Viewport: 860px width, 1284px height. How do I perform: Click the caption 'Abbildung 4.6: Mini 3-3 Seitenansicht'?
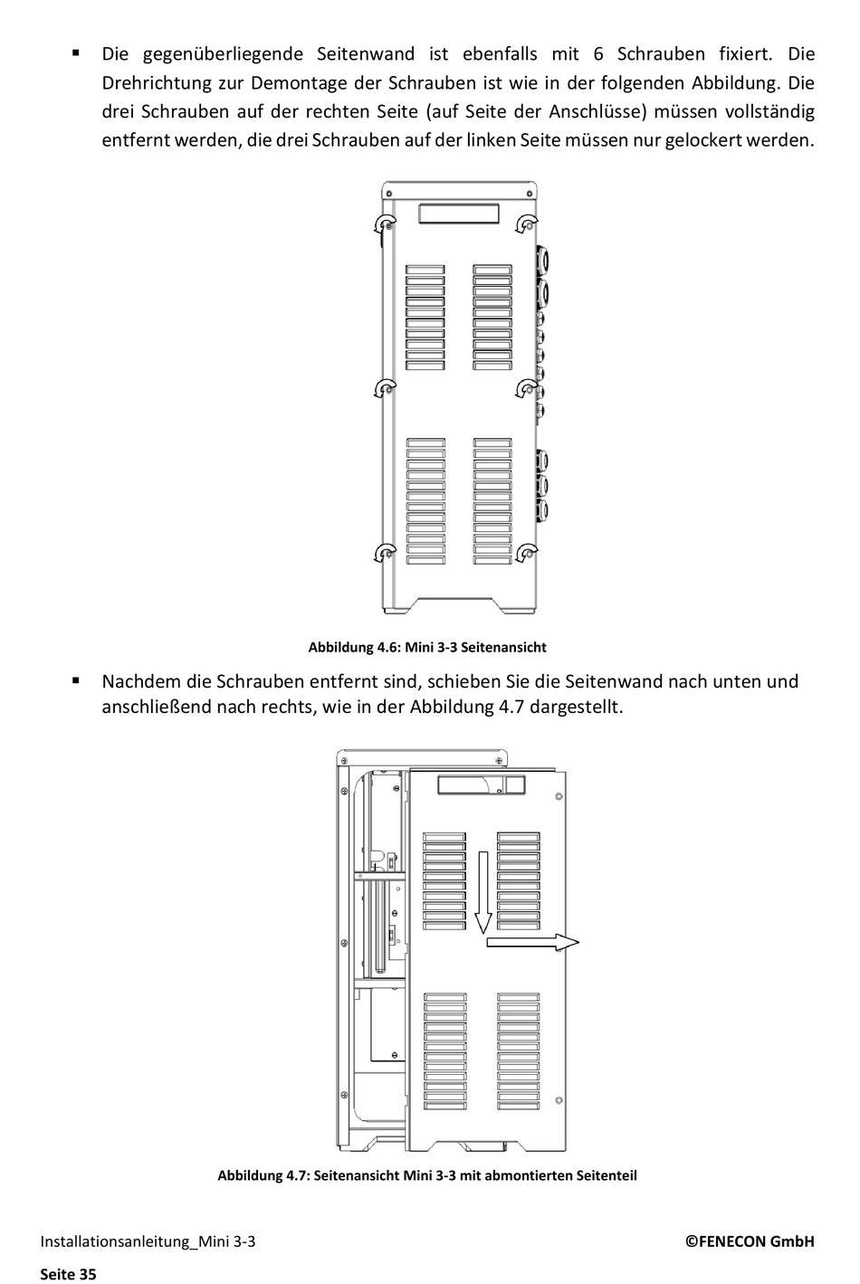coord(426,647)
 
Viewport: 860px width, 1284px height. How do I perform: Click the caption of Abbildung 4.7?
coord(426,1175)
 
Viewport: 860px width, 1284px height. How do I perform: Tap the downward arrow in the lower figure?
coord(483,892)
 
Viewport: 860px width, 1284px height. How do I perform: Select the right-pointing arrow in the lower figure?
coord(532,943)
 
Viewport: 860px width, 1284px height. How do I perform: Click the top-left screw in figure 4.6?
coord(387,224)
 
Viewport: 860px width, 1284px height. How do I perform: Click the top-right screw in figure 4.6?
coord(526,224)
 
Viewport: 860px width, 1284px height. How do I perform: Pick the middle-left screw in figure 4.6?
coord(387,388)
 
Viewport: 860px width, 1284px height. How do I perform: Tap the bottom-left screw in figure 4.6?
coord(387,553)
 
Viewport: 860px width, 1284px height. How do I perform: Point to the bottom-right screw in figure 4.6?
coord(526,553)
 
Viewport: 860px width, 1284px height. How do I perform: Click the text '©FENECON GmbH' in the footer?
coord(749,1241)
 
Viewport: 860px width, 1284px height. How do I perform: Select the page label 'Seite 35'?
coord(68,1274)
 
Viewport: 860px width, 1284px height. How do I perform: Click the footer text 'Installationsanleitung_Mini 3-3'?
coord(148,1241)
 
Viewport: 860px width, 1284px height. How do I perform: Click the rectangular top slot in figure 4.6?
coord(458,214)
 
